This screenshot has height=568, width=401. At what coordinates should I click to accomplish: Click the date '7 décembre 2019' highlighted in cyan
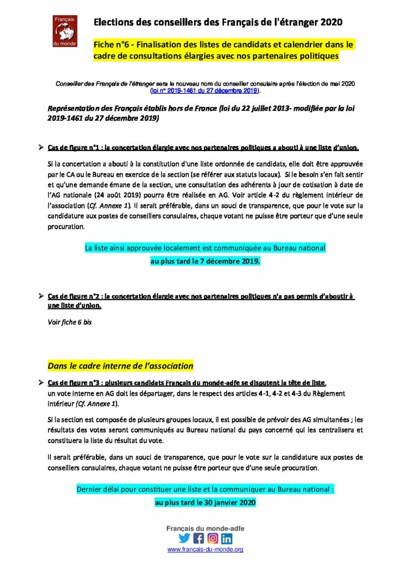click(x=232, y=260)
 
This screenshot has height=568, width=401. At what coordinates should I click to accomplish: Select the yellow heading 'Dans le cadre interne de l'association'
click(x=120, y=366)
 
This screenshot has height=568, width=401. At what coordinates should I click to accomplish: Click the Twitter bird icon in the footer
click(x=184, y=538)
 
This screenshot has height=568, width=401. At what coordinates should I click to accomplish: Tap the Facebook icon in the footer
click(x=198, y=538)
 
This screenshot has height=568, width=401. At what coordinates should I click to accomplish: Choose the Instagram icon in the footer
click(x=213, y=538)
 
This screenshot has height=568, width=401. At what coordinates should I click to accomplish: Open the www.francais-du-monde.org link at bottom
click(x=205, y=549)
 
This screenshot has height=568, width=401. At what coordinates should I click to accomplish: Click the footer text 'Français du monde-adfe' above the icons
click(x=205, y=529)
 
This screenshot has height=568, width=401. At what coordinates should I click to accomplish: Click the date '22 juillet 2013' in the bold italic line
click(x=248, y=109)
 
